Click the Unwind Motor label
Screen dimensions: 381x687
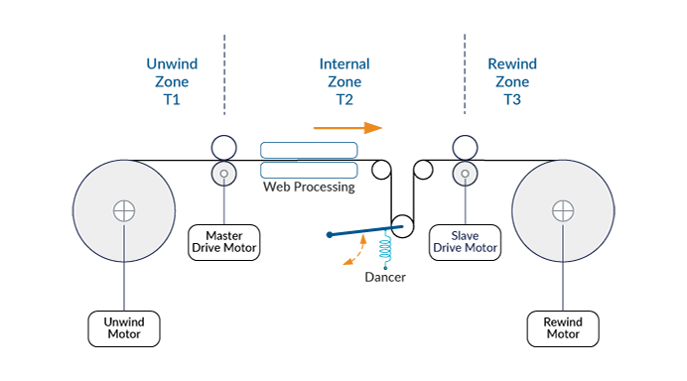pos(123,326)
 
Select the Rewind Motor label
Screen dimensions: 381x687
pos(563,326)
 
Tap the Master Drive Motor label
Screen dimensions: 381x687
pos(224,241)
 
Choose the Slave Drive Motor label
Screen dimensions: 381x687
pos(463,241)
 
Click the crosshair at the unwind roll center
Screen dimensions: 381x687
pos(123,211)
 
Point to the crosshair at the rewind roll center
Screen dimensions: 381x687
pos(563,211)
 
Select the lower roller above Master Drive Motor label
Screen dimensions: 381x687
pos(224,176)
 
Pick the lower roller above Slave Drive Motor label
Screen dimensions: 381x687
pos(463,176)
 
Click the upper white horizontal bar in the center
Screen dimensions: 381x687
pos(308,150)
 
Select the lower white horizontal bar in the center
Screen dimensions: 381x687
pos(308,170)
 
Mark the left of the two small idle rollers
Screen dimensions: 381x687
pos(381,170)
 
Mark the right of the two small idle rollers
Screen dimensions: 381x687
pos(423,170)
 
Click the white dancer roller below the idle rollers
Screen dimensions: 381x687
pos(402,226)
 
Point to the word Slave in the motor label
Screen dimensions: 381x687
pos(463,234)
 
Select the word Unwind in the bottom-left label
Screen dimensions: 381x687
pos(123,319)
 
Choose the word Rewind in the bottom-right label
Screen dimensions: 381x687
pos(563,319)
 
